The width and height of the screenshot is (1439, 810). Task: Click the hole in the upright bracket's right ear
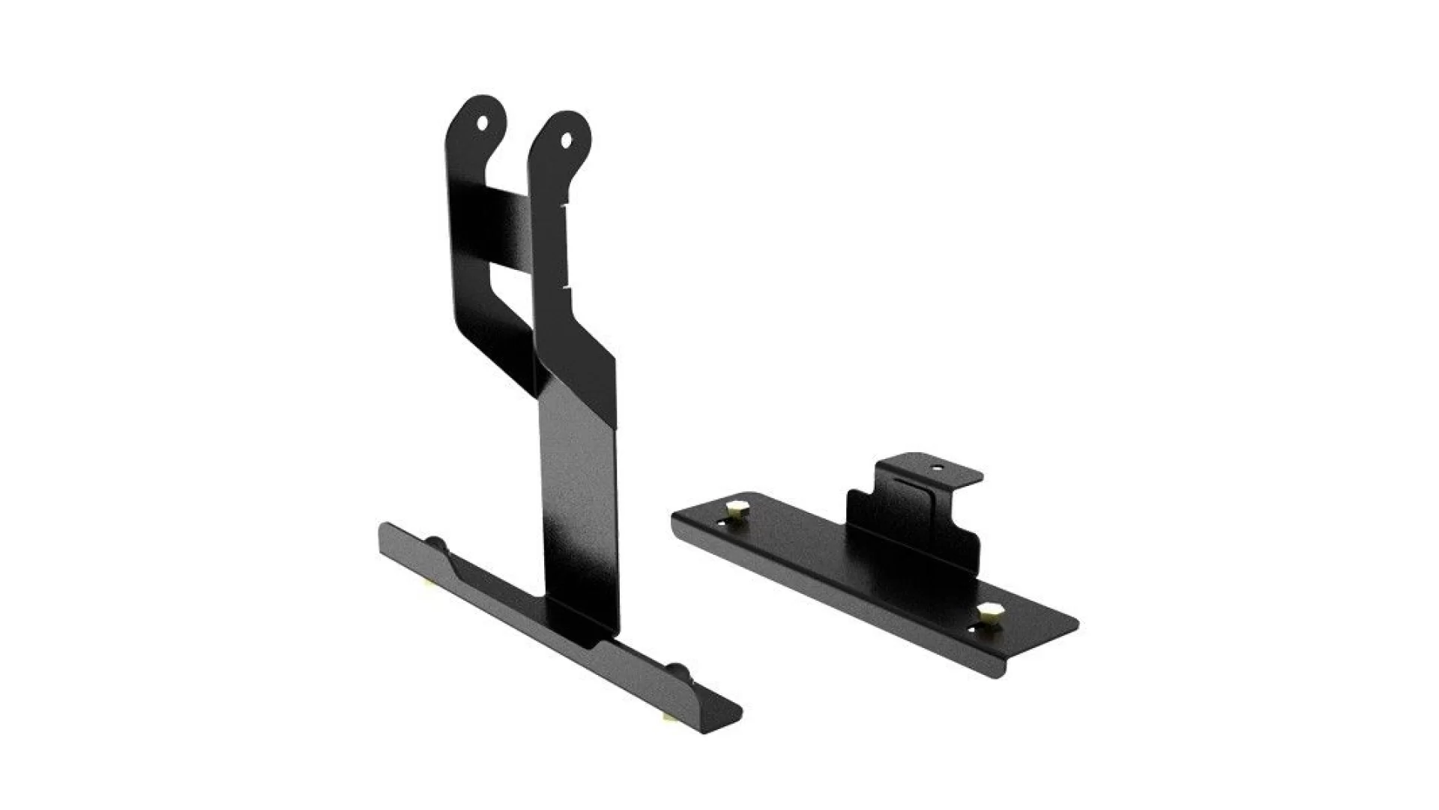click(x=566, y=139)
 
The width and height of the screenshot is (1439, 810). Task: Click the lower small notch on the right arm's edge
click(x=568, y=285)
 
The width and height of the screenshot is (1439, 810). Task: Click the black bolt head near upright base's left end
click(x=435, y=541)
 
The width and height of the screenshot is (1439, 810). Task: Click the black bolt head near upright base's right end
click(x=676, y=670)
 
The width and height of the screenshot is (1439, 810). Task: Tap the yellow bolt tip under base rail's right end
click(x=666, y=718)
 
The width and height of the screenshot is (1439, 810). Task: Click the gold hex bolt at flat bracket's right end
click(x=990, y=613)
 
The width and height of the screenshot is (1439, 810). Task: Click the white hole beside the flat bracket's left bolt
click(x=721, y=522)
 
